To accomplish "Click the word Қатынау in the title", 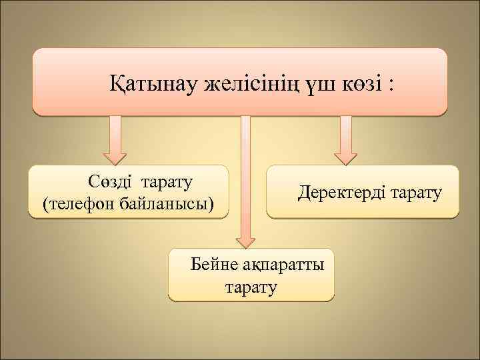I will pos(147,86).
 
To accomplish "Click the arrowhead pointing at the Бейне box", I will pos(245,241).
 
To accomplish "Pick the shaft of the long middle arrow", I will pos(245,173).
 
